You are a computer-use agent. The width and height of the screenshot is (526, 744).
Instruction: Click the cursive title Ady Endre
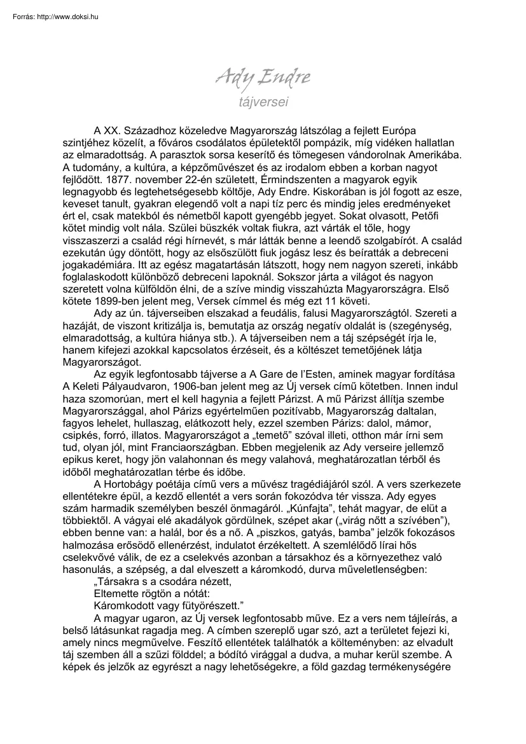click(x=263, y=79)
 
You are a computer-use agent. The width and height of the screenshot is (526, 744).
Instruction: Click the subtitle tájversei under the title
click(x=263, y=100)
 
